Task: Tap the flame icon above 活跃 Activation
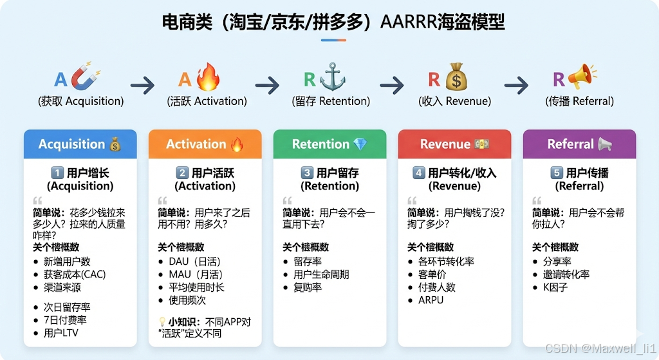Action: pyautogui.click(x=207, y=77)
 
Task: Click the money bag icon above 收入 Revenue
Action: pyautogui.click(x=456, y=77)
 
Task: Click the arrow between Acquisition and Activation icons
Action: pyautogui.click(x=142, y=85)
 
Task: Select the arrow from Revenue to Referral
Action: pyautogui.click(x=516, y=85)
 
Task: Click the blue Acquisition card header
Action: pyautogui.click(x=80, y=144)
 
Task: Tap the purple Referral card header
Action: pyautogui.click(x=579, y=144)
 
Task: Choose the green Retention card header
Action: pyautogui.click(x=329, y=144)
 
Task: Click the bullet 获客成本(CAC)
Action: pyautogui.click(x=74, y=274)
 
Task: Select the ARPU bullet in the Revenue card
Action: pyautogui.click(x=431, y=300)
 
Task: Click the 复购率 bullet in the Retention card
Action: pyautogui.click(x=308, y=287)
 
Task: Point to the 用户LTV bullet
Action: pyautogui.click(x=62, y=333)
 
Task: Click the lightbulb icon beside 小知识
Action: pyautogui.click(x=162, y=321)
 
